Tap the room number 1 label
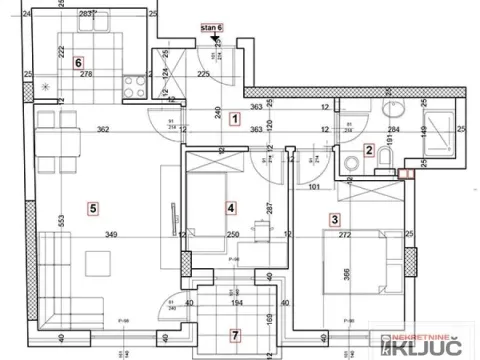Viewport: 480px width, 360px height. pyautogui.click(x=234, y=119)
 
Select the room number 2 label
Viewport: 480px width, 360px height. pyautogui.click(x=369, y=151)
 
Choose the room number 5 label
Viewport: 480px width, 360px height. pyautogui.click(x=92, y=208)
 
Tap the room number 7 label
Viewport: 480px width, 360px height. pyautogui.click(x=235, y=335)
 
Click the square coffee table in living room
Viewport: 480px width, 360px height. pyautogui.click(x=98, y=263)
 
